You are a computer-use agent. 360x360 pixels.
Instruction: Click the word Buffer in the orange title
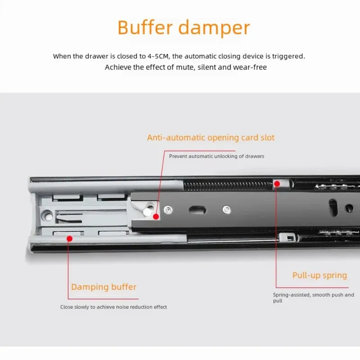click(x=145, y=27)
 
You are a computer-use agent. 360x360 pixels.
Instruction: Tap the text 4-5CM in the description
click(x=158, y=56)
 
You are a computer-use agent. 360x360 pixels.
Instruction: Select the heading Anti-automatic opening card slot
click(x=211, y=138)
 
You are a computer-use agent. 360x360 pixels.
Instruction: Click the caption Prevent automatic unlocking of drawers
click(x=216, y=156)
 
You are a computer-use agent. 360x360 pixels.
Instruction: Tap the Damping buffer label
click(x=104, y=287)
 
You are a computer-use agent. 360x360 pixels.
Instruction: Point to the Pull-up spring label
click(x=320, y=275)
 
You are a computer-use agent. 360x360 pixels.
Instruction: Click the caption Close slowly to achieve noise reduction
click(x=113, y=307)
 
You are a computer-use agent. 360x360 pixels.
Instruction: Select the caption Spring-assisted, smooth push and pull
click(x=314, y=298)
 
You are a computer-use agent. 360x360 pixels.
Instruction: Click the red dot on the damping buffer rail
click(x=69, y=239)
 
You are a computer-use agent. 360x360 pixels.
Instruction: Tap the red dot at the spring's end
click(x=277, y=184)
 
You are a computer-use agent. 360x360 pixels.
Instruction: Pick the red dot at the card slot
click(x=156, y=217)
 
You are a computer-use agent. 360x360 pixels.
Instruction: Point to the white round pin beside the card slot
click(x=147, y=212)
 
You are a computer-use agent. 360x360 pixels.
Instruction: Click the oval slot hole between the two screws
click(x=197, y=210)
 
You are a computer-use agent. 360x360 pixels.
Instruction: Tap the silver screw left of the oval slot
click(x=168, y=210)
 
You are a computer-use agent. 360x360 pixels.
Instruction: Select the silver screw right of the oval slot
click(x=226, y=210)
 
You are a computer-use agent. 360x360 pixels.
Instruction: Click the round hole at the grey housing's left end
click(x=47, y=216)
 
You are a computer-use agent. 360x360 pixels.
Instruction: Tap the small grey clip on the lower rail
click(x=287, y=237)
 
